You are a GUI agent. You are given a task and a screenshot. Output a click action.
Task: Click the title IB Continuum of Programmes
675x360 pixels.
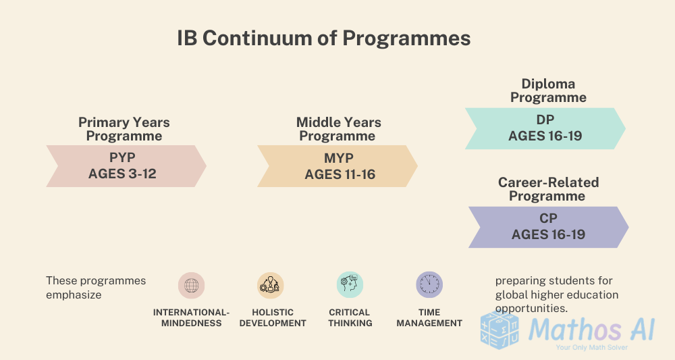pyautogui.click(x=323, y=38)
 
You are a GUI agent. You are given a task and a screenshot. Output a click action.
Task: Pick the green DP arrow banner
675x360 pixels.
pyautogui.click(x=545, y=128)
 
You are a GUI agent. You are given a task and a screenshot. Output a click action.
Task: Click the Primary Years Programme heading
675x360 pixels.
pyautogui.click(x=124, y=129)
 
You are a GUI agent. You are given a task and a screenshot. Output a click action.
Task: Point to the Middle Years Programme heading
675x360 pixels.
pyautogui.click(x=338, y=129)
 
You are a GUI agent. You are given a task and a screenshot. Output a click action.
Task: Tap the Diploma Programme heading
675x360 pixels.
pyautogui.click(x=548, y=91)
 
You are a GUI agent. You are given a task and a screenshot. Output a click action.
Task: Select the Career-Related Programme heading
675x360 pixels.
pyautogui.click(x=548, y=189)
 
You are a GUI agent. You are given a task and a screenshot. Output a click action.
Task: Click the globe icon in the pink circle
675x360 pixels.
pyautogui.click(x=191, y=285)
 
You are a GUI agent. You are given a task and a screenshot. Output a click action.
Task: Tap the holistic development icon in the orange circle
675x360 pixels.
pyautogui.click(x=271, y=285)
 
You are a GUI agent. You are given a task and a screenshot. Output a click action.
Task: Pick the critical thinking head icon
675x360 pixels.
pyautogui.click(x=350, y=285)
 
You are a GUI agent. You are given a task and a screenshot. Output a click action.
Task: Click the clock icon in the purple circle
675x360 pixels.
pyautogui.click(x=429, y=285)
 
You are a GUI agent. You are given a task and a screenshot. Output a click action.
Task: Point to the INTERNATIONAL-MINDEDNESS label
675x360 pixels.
pyautogui.click(x=191, y=317)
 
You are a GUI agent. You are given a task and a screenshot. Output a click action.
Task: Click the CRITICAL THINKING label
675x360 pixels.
pyautogui.click(x=350, y=317)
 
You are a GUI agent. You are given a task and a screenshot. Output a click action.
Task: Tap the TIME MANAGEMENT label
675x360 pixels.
pyautogui.click(x=429, y=317)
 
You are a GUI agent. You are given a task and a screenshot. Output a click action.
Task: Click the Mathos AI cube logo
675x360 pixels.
pyautogui.click(x=500, y=331)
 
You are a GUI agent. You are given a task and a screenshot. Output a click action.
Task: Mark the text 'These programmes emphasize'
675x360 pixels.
pyautogui.click(x=96, y=287)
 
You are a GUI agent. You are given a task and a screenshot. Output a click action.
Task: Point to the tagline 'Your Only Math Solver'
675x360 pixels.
pyautogui.click(x=591, y=347)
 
